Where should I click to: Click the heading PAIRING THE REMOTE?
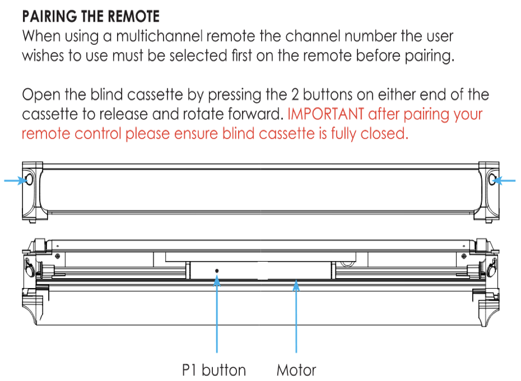click(x=91, y=15)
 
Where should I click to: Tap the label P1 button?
click(x=214, y=370)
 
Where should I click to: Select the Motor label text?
click(x=296, y=370)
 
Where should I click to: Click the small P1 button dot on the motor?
click(x=217, y=270)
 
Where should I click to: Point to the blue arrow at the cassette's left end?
click(x=14, y=180)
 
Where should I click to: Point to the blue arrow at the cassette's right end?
click(x=506, y=180)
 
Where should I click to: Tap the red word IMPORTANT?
click(x=325, y=114)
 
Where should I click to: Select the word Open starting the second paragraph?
click(x=40, y=95)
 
